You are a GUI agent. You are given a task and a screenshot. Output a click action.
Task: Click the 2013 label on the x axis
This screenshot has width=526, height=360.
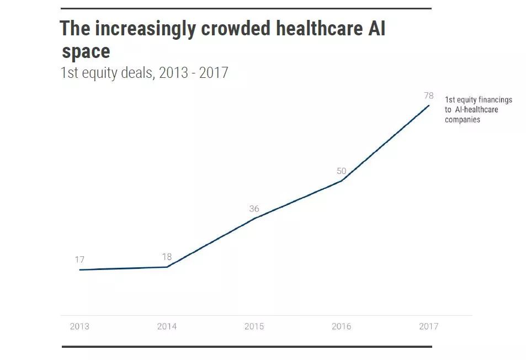tap(79, 326)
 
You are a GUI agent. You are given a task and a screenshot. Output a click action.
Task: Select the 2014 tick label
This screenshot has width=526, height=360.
tap(167, 326)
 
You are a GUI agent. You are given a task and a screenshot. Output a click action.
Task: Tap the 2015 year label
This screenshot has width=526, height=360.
tap(254, 326)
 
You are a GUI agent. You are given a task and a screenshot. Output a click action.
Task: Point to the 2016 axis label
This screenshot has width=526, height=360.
tap(341, 326)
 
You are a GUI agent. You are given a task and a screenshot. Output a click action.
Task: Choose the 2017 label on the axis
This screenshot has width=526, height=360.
tap(428, 326)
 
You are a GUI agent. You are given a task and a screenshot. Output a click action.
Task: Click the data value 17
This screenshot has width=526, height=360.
tap(79, 260)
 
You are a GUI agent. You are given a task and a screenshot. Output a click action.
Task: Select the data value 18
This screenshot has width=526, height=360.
tap(167, 257)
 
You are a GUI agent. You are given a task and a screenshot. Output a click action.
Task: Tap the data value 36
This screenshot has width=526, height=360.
tap(254, 209)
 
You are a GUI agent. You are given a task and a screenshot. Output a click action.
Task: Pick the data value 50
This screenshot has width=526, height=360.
tap(341, 171)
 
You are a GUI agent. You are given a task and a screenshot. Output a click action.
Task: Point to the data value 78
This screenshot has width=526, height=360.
tap(428, 96)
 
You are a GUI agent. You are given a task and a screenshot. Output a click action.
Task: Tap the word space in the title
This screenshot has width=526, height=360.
tap(86, 52)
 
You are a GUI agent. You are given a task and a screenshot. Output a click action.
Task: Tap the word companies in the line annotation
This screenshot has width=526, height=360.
tap(463, 119)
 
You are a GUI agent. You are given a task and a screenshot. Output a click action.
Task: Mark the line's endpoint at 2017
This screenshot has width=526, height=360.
tap(428, 105)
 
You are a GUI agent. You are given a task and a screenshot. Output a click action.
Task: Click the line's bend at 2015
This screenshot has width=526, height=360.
tap(254, 219)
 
